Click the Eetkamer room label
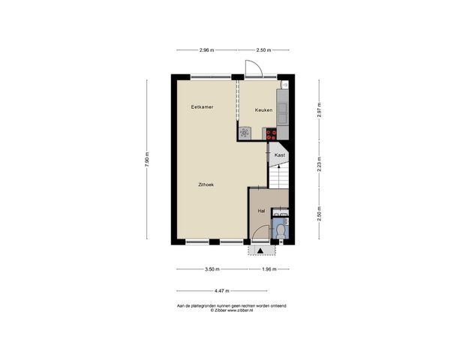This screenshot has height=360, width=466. [202, 107]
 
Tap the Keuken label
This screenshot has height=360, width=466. [263, 110]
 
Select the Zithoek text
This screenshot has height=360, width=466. [206, 184]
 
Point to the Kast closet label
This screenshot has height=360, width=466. [279, 155]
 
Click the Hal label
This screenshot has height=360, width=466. [261, 211]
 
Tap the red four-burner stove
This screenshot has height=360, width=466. [271, 133]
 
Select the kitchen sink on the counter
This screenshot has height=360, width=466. [283, 113]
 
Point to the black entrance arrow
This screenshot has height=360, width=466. [260, 250]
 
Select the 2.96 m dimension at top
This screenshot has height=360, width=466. [206, 50]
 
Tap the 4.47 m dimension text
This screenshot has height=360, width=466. [221, 290]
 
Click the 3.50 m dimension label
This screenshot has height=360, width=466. [212, 269]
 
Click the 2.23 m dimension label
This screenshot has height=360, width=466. [318, 164]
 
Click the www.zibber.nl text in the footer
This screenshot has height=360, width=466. [245, 310]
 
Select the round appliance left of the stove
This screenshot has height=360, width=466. [245, 133]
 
